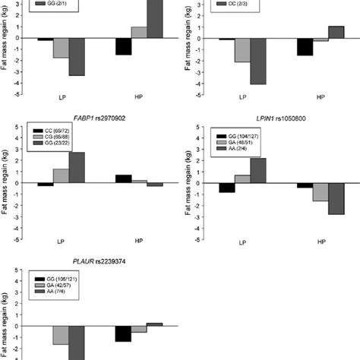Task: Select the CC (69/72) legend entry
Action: coord(54,132)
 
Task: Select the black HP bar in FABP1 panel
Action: coord(123,178)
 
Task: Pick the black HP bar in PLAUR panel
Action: coord(123,333)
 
